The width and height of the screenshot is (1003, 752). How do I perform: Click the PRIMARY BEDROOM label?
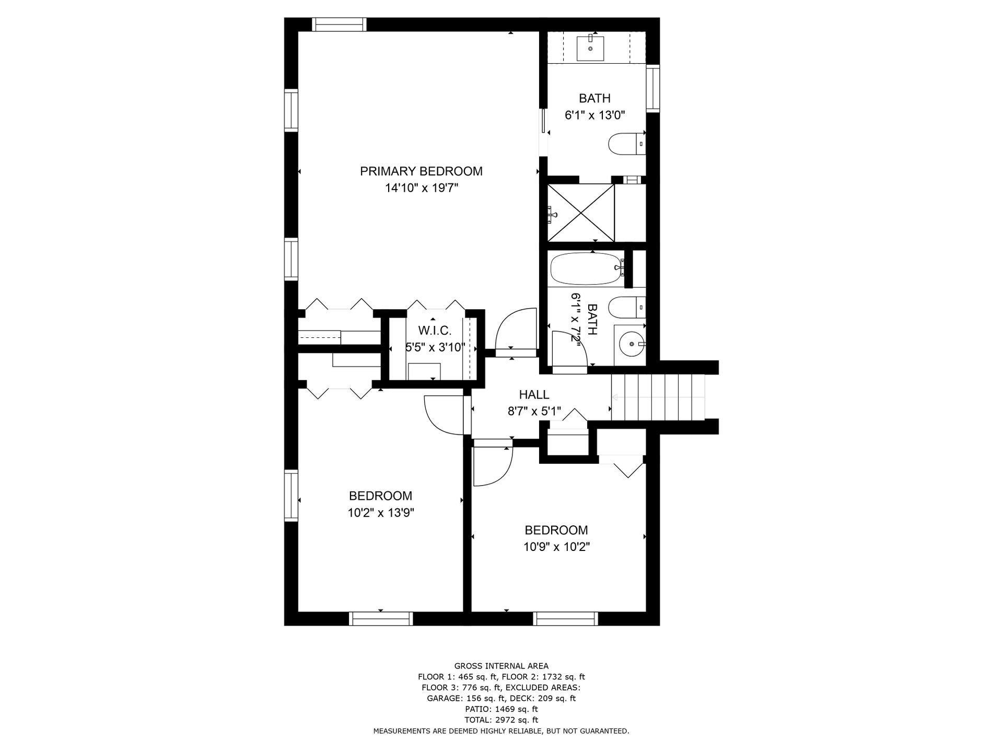point(421,171)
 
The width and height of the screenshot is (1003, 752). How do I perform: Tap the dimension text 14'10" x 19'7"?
point(422,188)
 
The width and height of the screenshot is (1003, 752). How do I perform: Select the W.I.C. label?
point(435,331)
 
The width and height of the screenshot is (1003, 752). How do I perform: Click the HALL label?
point(534,395)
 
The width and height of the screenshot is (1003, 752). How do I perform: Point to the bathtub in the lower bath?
point(587,268)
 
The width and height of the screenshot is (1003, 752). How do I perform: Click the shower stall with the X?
point(581,213)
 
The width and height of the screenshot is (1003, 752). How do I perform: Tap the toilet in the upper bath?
point(627,144)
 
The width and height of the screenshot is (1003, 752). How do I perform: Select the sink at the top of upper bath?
point(590,48)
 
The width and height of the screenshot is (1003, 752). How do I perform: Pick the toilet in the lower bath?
point(627,307)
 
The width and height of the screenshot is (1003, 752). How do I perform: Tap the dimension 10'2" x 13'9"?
point(381,513)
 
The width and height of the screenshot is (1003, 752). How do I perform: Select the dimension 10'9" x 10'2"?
point(556,547)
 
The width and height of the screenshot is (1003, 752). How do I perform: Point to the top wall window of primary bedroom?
point(339,25)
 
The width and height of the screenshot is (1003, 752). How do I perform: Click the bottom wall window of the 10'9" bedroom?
point(566,619)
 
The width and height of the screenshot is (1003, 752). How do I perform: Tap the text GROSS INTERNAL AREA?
point(501,666)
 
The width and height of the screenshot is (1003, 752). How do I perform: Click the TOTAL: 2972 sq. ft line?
point(501,720)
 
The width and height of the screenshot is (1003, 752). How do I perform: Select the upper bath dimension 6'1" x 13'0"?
point(595,115)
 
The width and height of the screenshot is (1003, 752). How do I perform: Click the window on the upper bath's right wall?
point(653,88)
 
